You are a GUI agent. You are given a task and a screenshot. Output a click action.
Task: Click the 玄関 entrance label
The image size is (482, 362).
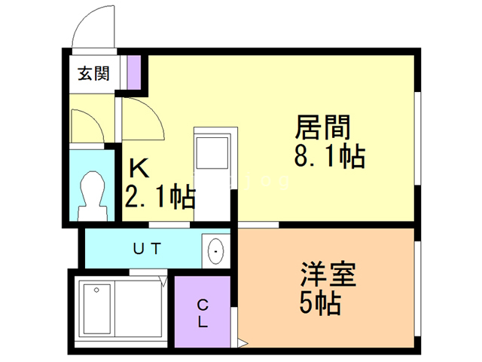93,74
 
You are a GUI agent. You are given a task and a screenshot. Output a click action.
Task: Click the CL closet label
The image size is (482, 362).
203,313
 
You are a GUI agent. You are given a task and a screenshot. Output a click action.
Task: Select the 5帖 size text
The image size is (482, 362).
319,304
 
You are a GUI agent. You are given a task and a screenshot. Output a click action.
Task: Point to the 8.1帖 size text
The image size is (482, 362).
329,157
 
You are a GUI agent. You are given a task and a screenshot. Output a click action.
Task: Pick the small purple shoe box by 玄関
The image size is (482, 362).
133,72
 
